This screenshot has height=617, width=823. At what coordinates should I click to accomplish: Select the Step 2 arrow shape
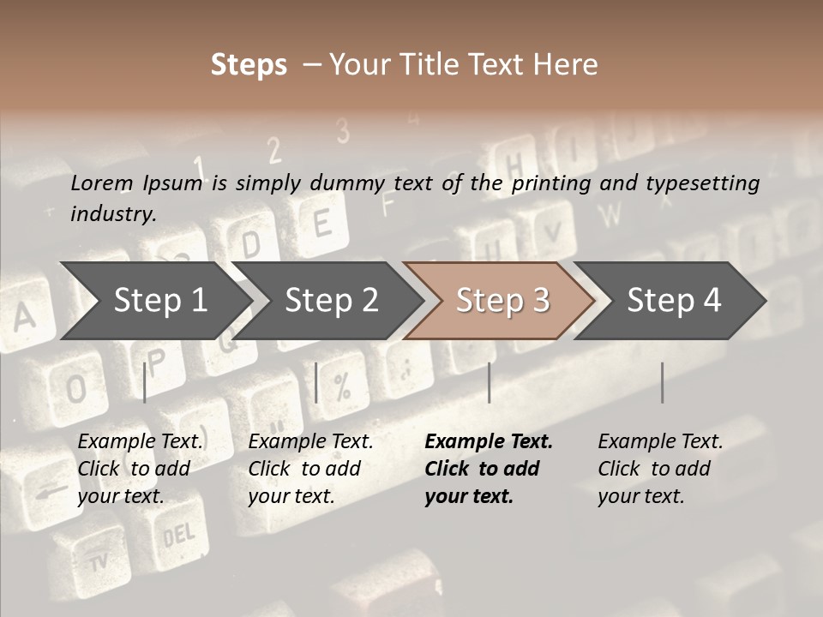[331, 300]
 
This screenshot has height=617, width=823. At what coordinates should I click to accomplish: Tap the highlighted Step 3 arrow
[502, 300]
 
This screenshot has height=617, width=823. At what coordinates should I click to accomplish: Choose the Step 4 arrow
[674, 300]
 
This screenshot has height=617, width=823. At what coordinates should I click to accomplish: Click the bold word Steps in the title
[249, 65]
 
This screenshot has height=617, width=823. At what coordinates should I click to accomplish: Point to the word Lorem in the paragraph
[102, 183]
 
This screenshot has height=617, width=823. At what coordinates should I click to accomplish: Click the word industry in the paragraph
[112, 214]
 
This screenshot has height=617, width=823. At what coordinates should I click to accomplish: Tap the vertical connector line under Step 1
[145, 382]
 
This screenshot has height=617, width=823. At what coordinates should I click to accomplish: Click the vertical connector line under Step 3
[490, 382]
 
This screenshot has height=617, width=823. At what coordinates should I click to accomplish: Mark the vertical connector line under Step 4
[663, 382]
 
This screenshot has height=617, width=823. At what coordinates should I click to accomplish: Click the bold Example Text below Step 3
[489, 441]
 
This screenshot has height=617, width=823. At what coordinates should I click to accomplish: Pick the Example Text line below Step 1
[140, 441]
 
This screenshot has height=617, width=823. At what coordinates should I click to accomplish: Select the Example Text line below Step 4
[660, 441]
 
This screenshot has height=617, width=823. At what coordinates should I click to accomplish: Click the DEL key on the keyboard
[178, 536]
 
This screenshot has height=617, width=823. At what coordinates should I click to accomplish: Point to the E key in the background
[322, 224]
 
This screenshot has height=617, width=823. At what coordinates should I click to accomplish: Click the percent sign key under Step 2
[342, 388]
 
